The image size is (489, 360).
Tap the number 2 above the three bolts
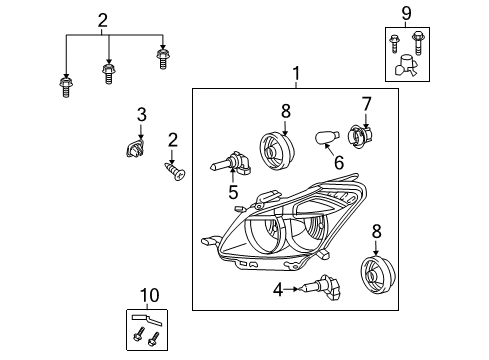click(x=103, y=19)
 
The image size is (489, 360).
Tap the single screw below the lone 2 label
click(x=176, y=173)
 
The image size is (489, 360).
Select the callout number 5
click(x=233, y=192)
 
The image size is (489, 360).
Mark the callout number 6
click(x=338, y=163)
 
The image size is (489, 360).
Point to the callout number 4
click(x=277, y=291)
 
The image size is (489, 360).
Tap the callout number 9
click(x=407, y=14)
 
